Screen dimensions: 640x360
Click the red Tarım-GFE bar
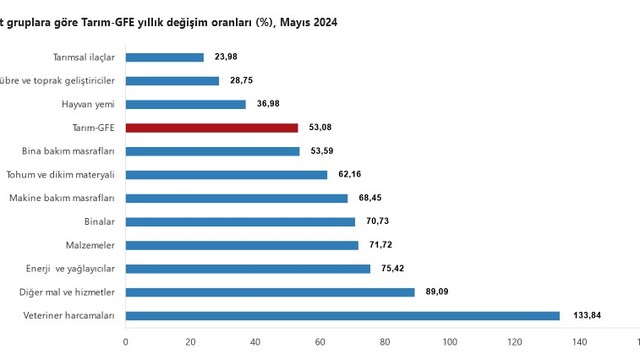coord(212,128)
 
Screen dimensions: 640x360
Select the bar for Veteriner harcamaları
coord(343,316)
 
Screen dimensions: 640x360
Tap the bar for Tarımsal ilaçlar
coord(164,58)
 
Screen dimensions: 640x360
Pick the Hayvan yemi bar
coord(186,104)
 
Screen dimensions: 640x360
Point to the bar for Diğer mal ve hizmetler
coord(270,292)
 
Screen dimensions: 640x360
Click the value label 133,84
coord(587,315)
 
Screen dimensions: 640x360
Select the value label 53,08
coord(320,127)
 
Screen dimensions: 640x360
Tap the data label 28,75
coord(241,80)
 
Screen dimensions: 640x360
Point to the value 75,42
coord(393,268)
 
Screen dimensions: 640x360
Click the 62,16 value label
coord(349,174)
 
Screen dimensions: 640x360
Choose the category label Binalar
coord(99,222)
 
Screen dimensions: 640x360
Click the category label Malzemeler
coord(90,245)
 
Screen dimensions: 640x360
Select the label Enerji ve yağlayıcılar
coord(70,269)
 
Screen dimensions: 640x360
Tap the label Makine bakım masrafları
coord(62,198)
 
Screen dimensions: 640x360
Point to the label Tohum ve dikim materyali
coord(60,175)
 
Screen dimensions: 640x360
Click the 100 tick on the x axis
coord(450,342)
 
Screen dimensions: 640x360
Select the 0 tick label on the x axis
coord(125,342)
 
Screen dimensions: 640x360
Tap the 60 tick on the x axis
coord(320,342)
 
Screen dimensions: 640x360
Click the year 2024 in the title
coord(324,22)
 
